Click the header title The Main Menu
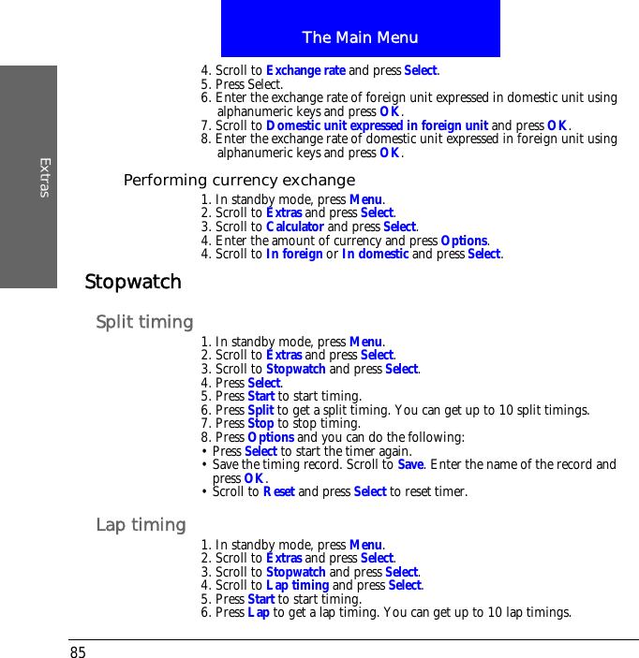(360, 37)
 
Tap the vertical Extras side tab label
(44, 178)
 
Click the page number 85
(77, 651)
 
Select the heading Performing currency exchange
(239, 180)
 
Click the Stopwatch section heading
(133, 282)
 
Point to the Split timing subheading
(144, 322)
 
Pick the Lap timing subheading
(141, 525)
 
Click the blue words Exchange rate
(305, 70)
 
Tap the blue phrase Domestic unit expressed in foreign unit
(377, 125)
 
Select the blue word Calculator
(294, 227)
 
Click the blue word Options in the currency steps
(463, 241)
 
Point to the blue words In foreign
(294, 254)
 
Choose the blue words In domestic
(375, 254)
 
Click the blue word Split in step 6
(260, 410)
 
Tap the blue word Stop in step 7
(260, 423)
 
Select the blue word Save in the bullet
(410, 464)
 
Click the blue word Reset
(278, 491)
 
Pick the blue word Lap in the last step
(258, 613)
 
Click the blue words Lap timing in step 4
(297, 586)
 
